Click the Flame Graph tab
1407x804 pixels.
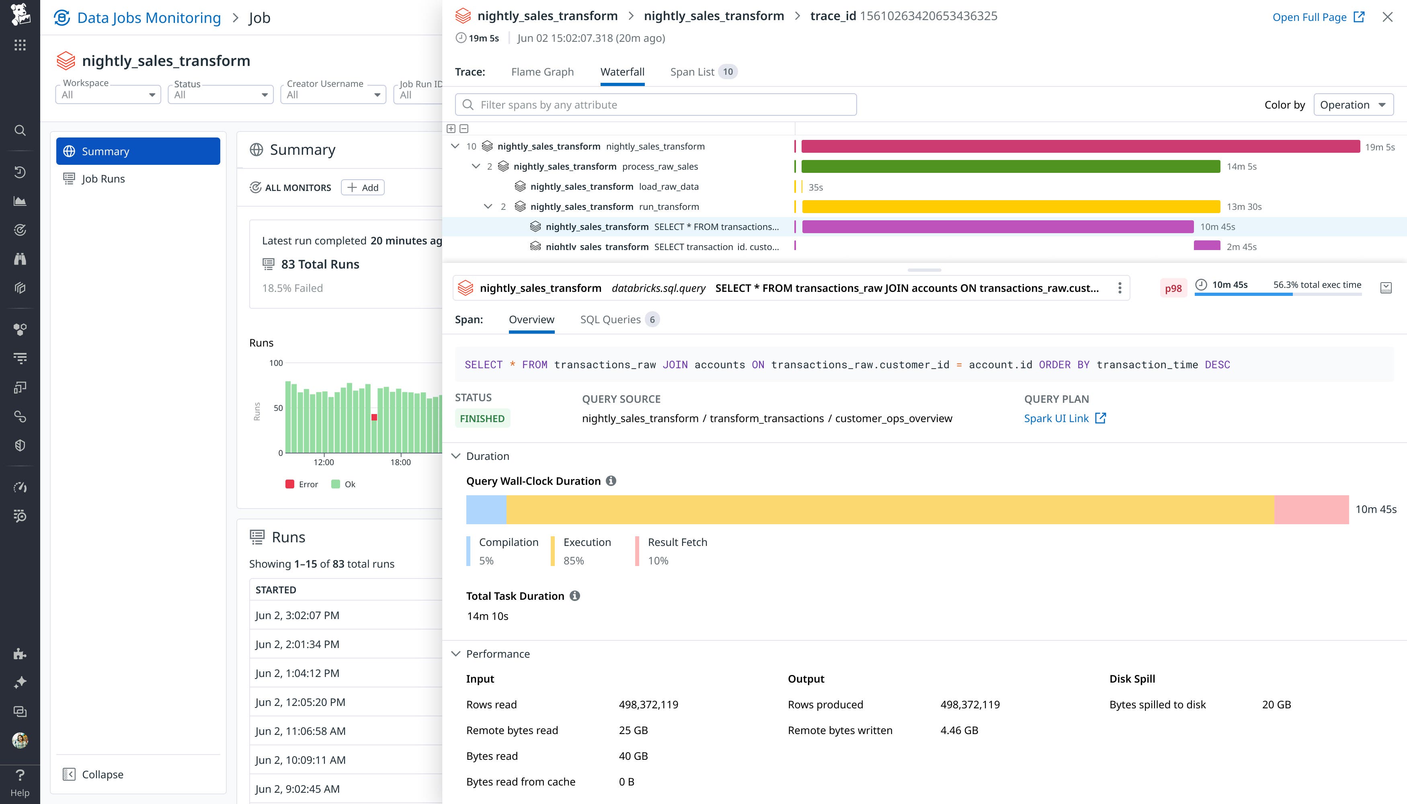[542, 72]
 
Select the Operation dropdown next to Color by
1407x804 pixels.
[1353, 105]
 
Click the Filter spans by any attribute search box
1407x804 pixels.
[655, 105]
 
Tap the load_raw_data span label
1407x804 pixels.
[668, 187]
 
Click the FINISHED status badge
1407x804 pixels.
[482, 418]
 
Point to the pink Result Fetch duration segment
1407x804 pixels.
[1311, 509]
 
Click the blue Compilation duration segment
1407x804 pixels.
[486, 509]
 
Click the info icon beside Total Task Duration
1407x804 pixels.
[575, 596]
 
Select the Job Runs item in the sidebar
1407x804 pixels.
[103, 179]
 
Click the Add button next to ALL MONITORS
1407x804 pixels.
[363, 188]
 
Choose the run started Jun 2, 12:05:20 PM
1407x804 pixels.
[300, 702]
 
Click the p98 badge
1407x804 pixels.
[1173, 288]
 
